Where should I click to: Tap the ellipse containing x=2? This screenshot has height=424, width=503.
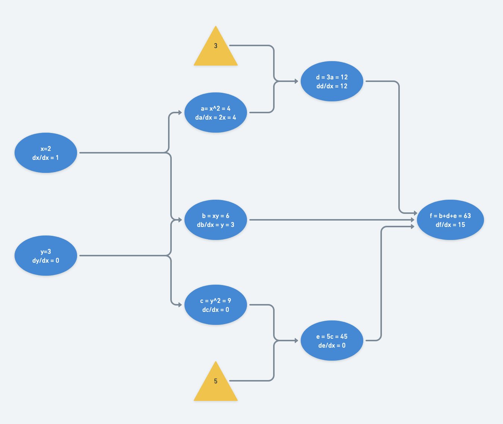coord(46,153)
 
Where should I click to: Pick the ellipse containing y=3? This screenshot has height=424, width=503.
coord(46,256)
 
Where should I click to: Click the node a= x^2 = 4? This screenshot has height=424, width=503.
coord(216,113)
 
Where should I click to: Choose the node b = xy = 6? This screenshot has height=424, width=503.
coord(216,220)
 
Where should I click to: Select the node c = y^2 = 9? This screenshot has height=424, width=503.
coord(216,305)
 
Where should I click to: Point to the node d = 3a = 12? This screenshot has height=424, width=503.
coord(332,81)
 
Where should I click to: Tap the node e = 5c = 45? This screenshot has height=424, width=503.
coord(332,341)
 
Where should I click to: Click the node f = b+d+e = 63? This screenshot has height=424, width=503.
coord(450,220)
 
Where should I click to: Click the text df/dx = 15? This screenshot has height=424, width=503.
coord(450,225)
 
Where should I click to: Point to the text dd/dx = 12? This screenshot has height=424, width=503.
coord(332,86)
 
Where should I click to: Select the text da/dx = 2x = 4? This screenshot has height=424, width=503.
coord(216,117)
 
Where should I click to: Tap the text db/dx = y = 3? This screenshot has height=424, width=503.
coord(216,225)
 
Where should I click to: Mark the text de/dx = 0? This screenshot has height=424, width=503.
coord(332,345)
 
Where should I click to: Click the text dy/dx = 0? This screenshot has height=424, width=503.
coord(46,260)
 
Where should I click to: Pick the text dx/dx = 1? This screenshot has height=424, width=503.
coord(45,158)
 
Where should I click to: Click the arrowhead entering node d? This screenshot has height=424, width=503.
coord(297,81)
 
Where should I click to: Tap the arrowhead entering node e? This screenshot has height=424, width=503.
coord(297,341)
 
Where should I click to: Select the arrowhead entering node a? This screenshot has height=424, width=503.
coord(180,113)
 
